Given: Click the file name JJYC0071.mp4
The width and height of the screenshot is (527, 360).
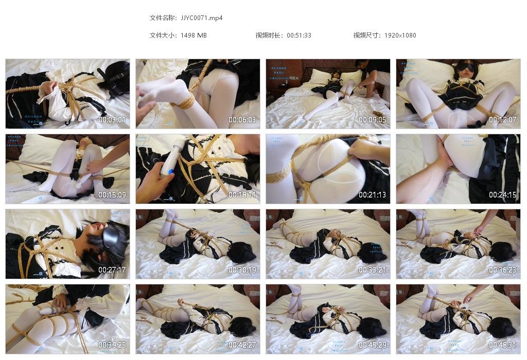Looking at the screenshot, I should (x=202, y=18).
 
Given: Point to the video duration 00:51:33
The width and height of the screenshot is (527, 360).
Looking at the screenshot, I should (x=298, y=35).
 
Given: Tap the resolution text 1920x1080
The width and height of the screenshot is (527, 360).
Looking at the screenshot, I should (x=400, y=35).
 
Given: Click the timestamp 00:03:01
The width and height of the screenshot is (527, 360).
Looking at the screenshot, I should (x=112, y=120).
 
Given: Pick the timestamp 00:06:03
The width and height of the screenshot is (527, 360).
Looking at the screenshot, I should (x=242, y=120).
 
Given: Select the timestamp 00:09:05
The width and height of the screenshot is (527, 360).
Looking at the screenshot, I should (x=373, y=120).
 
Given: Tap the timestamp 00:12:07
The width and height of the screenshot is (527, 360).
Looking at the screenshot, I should (x=503, y=120).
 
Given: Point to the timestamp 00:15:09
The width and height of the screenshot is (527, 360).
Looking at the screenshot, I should (x=112, y=195).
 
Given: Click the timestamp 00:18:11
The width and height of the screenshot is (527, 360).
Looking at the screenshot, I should (x=242, y=195).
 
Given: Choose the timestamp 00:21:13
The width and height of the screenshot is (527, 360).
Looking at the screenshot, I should (x=373, y=195).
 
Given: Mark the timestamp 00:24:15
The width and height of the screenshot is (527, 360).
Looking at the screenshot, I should (x=503, y=195).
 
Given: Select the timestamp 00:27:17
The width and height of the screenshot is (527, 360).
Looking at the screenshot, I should (x=112, y=270).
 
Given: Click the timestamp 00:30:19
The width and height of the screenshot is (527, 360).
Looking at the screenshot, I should (x=242, y=270).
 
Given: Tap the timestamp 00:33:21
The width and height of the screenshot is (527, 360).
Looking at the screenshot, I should (x=373, y=270).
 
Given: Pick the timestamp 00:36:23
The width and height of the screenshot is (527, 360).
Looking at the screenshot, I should (x=503, y=270).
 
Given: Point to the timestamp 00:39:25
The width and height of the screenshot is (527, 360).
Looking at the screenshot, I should (x=112, y=345).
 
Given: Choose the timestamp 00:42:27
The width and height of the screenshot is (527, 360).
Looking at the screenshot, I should (x=242, y=345).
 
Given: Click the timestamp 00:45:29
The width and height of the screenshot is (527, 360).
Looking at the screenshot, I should (x=373, y=345).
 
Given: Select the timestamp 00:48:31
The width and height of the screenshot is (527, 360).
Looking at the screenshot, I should (x=503, y=345).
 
